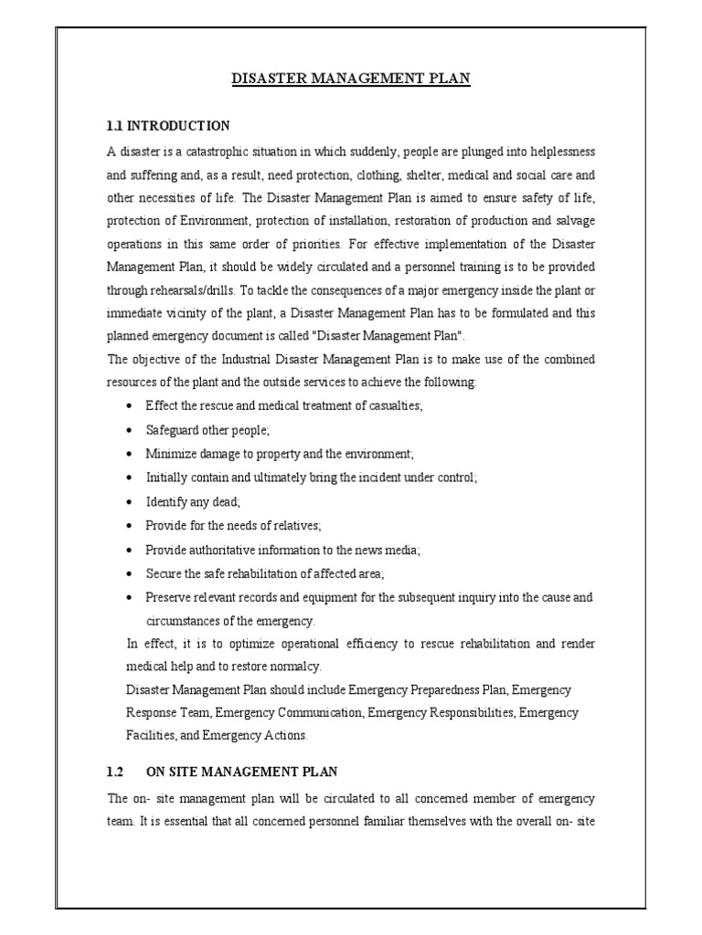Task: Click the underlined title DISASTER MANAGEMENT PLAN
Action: point(350,79)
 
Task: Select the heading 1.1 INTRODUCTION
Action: point(168,125)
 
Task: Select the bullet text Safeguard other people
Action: point(208,430)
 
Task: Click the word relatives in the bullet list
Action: point(292,526)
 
